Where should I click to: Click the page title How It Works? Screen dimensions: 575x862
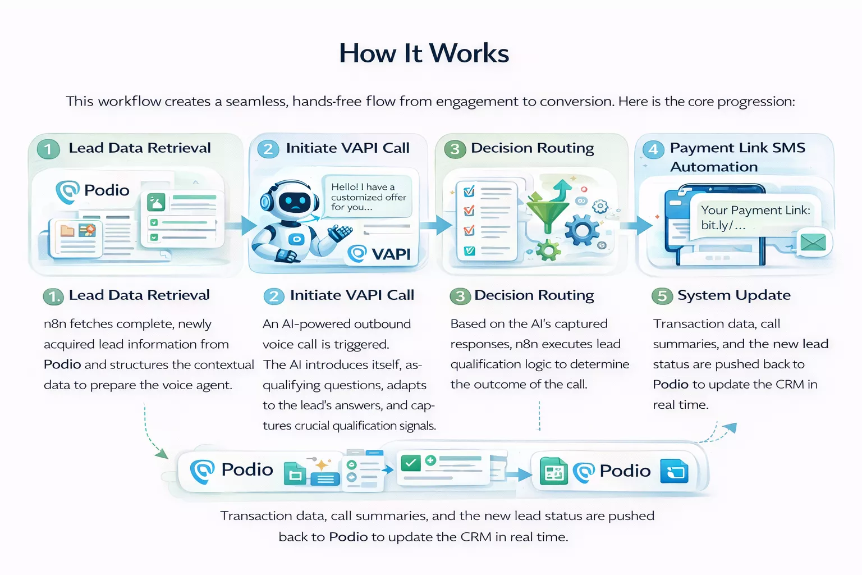[424, 54]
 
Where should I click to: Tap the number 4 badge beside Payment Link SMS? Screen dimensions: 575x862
[653, 149]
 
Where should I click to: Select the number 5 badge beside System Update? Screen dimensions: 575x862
[662, 296]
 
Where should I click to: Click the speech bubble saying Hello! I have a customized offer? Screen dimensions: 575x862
[368, 197]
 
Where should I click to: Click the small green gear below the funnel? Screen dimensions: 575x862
[547, 249]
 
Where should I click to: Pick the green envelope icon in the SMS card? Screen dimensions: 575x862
[813, 243]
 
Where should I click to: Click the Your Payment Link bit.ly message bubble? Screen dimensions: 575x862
[755, 217]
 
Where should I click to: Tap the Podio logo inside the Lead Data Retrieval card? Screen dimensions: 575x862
[93, 191]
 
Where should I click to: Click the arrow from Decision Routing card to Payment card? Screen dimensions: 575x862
[640, 226]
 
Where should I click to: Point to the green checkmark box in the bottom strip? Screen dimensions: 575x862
[410, 463]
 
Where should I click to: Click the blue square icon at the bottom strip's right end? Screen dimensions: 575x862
[674, 471]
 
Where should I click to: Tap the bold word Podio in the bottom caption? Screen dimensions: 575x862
[348, 537]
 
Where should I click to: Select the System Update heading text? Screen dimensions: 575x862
[733, 295]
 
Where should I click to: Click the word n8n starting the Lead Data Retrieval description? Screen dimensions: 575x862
[54, 324]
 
